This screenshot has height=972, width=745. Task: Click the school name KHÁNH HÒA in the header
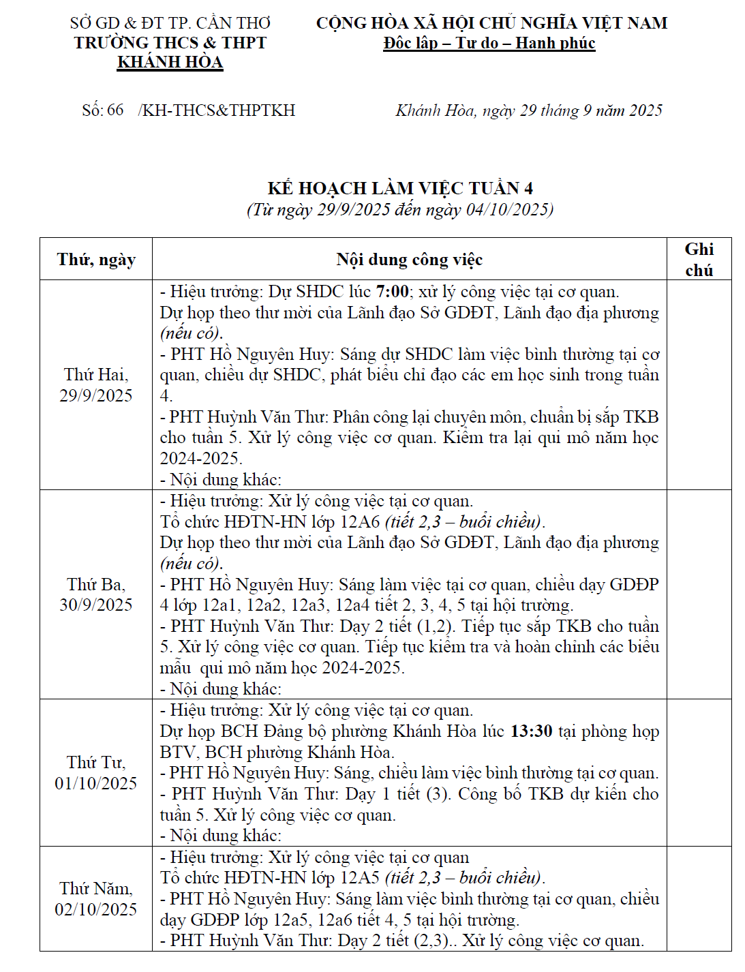pos(170,62)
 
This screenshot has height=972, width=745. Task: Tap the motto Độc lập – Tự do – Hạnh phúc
pos(489,43)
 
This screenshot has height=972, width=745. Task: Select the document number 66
pos(115,110)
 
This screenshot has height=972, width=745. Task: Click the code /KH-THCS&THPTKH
pos(216,110)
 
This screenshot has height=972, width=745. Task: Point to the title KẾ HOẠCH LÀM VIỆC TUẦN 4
pos(400,188)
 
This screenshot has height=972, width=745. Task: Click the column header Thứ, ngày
pos(96,260)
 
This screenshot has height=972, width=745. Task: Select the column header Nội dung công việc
pos(409,260)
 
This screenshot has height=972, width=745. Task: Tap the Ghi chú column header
pos(699,260)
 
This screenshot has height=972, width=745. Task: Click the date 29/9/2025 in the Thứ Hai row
pos(96,395)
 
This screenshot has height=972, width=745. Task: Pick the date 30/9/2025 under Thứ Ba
pos(96,605)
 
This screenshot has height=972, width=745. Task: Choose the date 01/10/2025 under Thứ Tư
pos(96,783)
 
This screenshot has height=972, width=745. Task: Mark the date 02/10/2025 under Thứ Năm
pos(96,909)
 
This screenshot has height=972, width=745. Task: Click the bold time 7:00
pos(392,292)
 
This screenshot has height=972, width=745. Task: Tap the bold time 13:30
pos(531,731)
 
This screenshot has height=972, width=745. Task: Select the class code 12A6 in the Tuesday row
pos(359,522)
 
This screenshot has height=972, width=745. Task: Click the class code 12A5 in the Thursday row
pos(359,878)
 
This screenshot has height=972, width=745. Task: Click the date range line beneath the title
pos(400,209)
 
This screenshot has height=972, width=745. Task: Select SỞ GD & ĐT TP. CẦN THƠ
pos(170,22)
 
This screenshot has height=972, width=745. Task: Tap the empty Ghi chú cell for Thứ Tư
pos(699,772)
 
